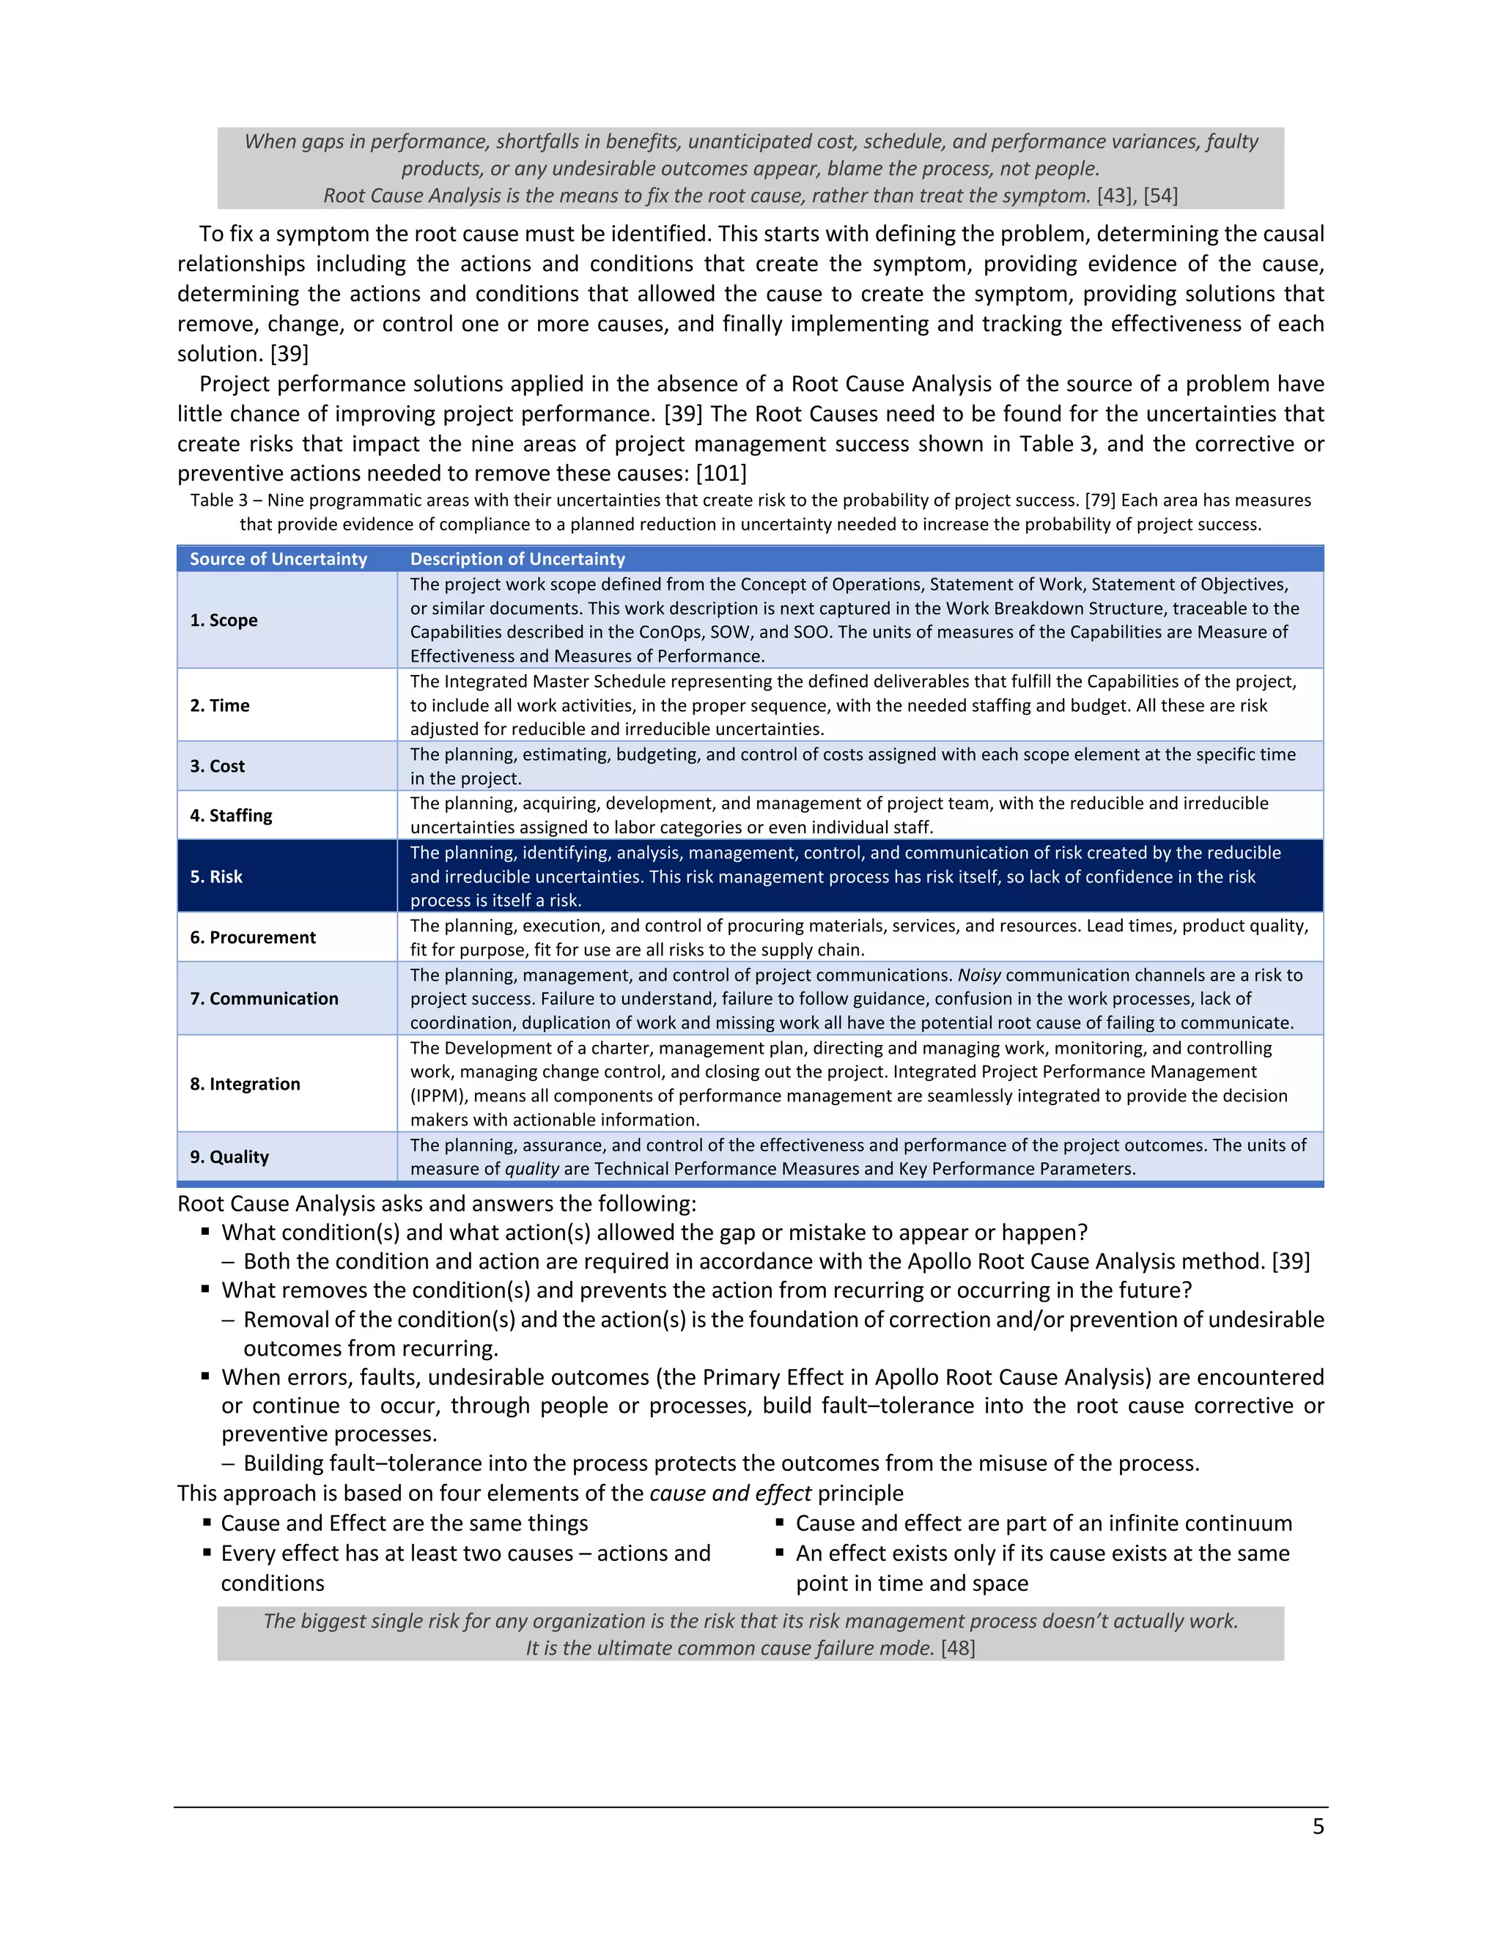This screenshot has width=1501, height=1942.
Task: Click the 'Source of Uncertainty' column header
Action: pyautogui.click(x=278, y=558)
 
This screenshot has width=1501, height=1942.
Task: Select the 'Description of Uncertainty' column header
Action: pyautogui.click(x=517, y=558)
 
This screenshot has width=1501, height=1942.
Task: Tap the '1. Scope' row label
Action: pyautogui.click(x=224, y=620)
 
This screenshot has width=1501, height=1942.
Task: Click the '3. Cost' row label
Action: pyautogui.click(x=217, y=766)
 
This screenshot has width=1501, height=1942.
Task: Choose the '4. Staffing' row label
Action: pyautogui.click(x=230, y=816)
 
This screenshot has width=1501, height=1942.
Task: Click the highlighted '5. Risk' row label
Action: pyautogui.click(x=216, y=876)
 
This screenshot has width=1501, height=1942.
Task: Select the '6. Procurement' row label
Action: pyautogui.click(x=253, y=937)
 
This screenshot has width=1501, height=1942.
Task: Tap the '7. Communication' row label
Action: pyautogui.click(x=264, y=999)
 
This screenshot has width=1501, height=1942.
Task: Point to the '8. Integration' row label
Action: pyautogui.click(x=245, y=1084)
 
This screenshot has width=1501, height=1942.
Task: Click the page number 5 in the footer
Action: pyautogui.click(x=1318, y=1826)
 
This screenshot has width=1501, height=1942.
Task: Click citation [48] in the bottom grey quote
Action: pyautogui.click(x=958, y=1647)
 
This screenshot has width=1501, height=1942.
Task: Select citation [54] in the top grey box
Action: pyautogui.click(x=1160, y=196)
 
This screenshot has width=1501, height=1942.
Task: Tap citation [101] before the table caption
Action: pyautogui.click(x=721, y=473)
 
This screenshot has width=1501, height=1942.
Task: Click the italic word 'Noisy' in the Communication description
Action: pyautogui.click(x=978, y=975)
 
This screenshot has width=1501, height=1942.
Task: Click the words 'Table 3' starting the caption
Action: pyautogui.click(x=218, y=501)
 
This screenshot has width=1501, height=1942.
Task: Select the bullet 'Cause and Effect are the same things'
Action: pyautogui.click(x=404, y=1524)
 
